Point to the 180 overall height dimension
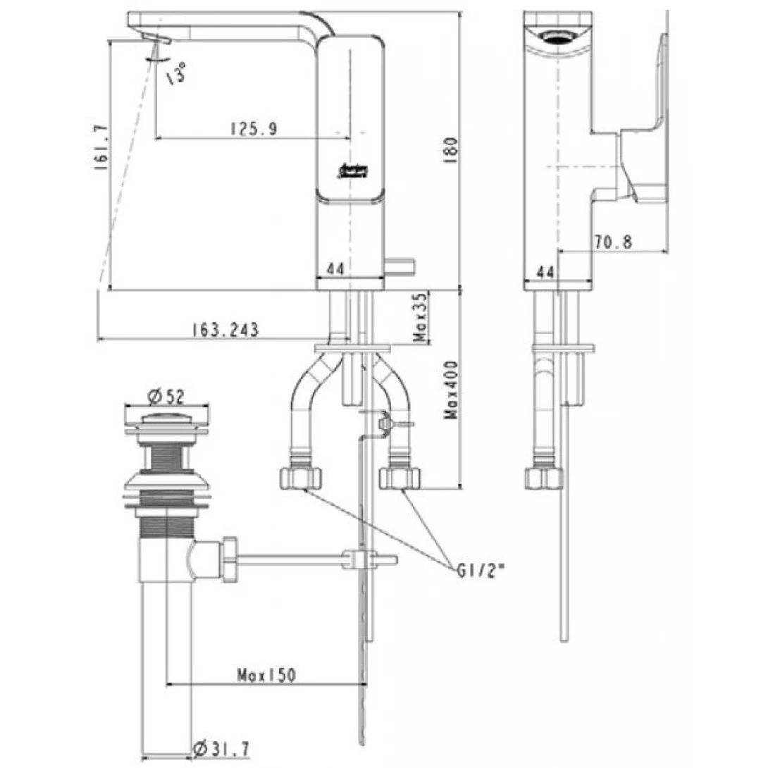[452, 148]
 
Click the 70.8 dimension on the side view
[613, 241]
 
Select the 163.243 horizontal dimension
[224, 329]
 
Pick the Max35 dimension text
[421, 318]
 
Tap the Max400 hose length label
[451, 390]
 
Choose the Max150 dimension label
[266, 674]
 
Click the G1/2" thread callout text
[481, 571]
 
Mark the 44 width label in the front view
[335, 268]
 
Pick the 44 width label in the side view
[545, 271]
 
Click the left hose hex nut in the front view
[301, 478]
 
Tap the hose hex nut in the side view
[545, 478]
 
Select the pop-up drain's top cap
[166, 421]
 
